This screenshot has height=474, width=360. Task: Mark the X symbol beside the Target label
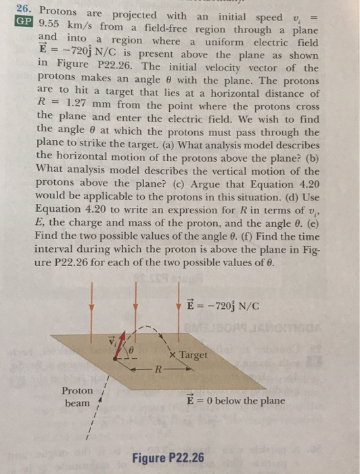[173, 355]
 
